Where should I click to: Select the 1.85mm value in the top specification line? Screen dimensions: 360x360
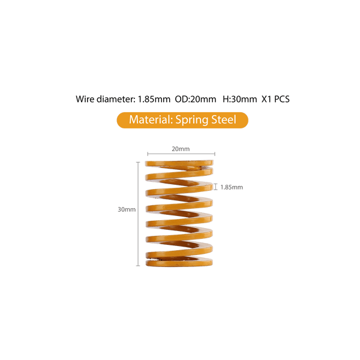click(x=154, y=99)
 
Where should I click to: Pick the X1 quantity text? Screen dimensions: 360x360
click(x=268, y=99)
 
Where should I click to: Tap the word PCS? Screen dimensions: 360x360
click(x=282, y=99)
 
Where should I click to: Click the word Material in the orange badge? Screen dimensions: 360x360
click(x=149, y=119)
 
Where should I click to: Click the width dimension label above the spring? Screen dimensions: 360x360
click(x=180, y=148)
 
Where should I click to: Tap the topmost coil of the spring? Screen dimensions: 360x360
click(x=180, y=163)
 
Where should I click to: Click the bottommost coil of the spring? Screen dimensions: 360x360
click(x=180, y=262)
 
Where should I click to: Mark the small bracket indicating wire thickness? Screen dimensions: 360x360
click(x=217, y=187)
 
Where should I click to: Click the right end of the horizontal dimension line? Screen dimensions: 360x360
click(x=215, y=154)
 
